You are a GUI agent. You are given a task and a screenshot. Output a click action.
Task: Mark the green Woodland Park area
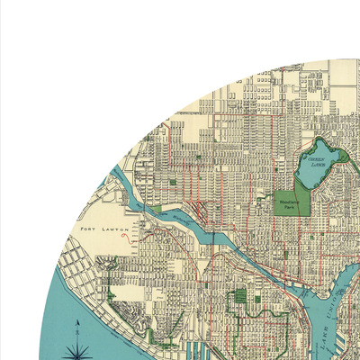292,205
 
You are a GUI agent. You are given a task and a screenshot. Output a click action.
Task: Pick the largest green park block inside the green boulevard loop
239,298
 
